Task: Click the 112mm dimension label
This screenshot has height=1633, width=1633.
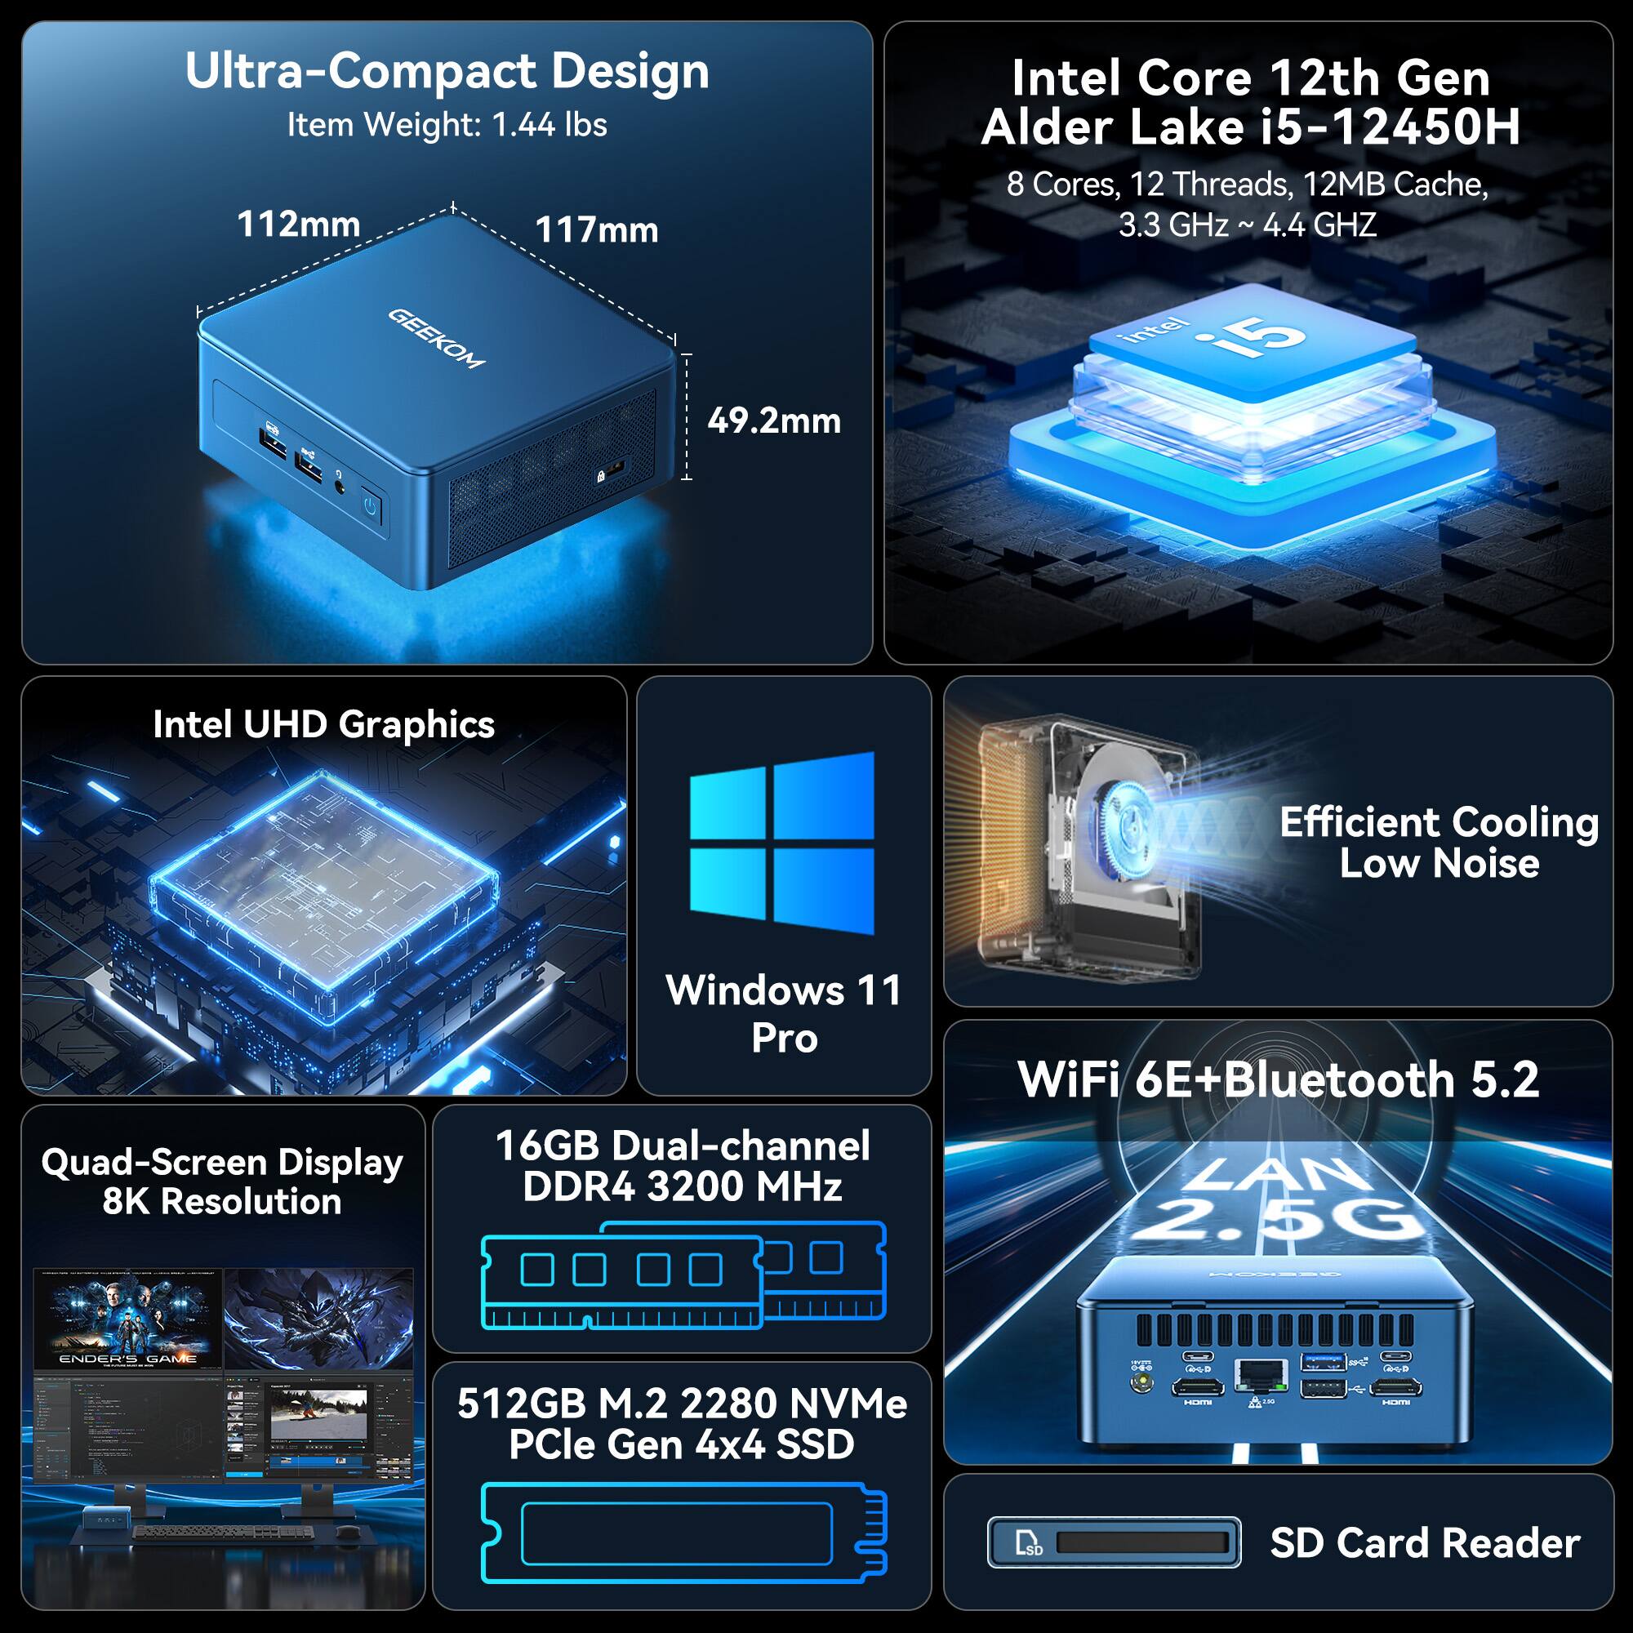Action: [298, 225]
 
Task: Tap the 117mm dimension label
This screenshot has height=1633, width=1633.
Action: [597, 230]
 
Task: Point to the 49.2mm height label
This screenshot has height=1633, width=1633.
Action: [773, 421]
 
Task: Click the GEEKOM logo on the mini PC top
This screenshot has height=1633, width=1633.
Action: [436, 338]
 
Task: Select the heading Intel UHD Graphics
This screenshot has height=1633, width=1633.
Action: [323, 724]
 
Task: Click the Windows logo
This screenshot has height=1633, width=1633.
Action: [782, 843]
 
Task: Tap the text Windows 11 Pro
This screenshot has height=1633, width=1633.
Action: [784, 1013]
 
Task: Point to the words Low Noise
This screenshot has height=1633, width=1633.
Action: [1439, 863]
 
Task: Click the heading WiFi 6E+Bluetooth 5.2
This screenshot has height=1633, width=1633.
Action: [1278, 1079]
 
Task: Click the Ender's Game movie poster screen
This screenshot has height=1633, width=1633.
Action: [128, 1319]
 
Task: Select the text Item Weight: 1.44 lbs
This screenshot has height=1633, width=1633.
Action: [447, 125]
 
